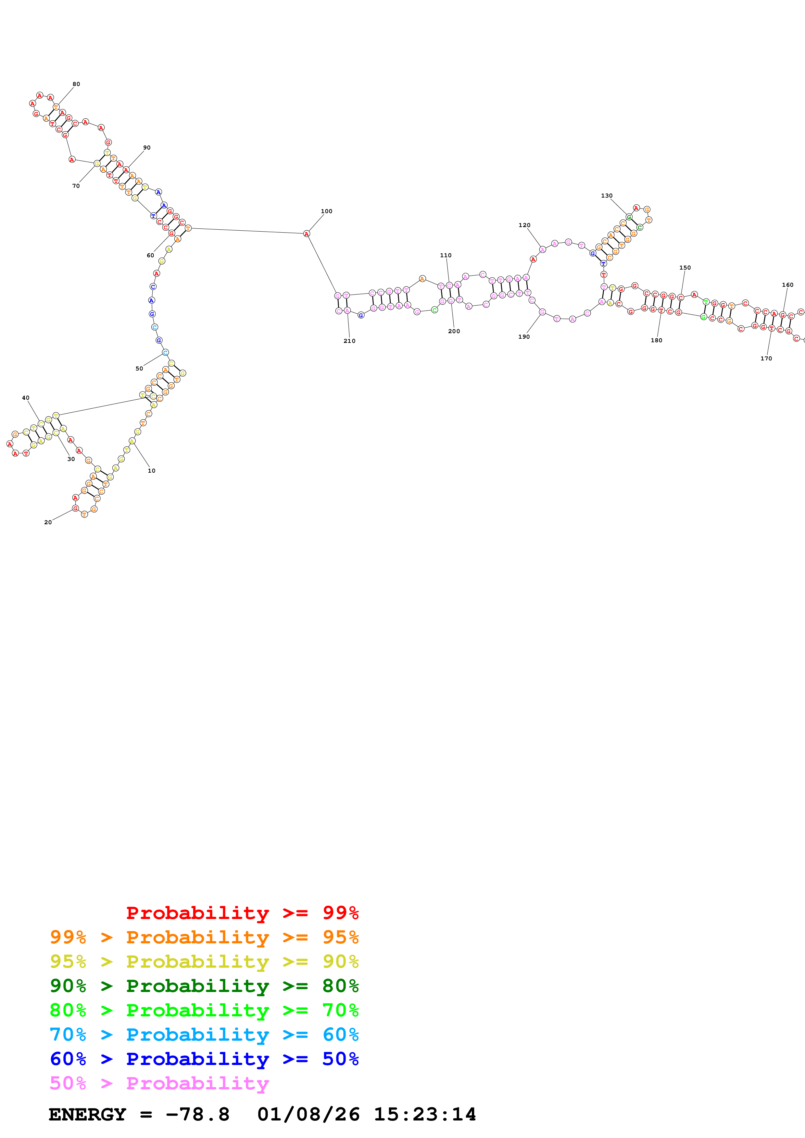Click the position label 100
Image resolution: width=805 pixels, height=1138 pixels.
(326, 211)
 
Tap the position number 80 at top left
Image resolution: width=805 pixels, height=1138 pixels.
(76, 84)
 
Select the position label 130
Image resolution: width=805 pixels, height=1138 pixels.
(607, 196)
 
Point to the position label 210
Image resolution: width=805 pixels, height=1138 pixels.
(349, 341)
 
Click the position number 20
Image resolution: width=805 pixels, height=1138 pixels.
(48, 522)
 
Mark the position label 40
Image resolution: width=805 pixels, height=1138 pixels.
(26, 398)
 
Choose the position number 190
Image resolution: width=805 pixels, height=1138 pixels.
(524, 337)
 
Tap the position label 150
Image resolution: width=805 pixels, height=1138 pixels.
(685, 268)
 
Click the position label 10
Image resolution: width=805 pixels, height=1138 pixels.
(152, 471)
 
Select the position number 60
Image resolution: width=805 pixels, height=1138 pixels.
(150, 256)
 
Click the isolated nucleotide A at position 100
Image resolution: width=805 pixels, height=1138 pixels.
(307, 234)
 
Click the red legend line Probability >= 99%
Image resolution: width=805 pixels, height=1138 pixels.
(242, 913)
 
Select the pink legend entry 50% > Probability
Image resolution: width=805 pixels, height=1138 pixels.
(159, 1084)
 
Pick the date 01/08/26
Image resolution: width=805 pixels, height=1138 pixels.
(308, 1115)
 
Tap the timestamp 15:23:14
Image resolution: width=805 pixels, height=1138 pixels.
(424, 1115)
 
